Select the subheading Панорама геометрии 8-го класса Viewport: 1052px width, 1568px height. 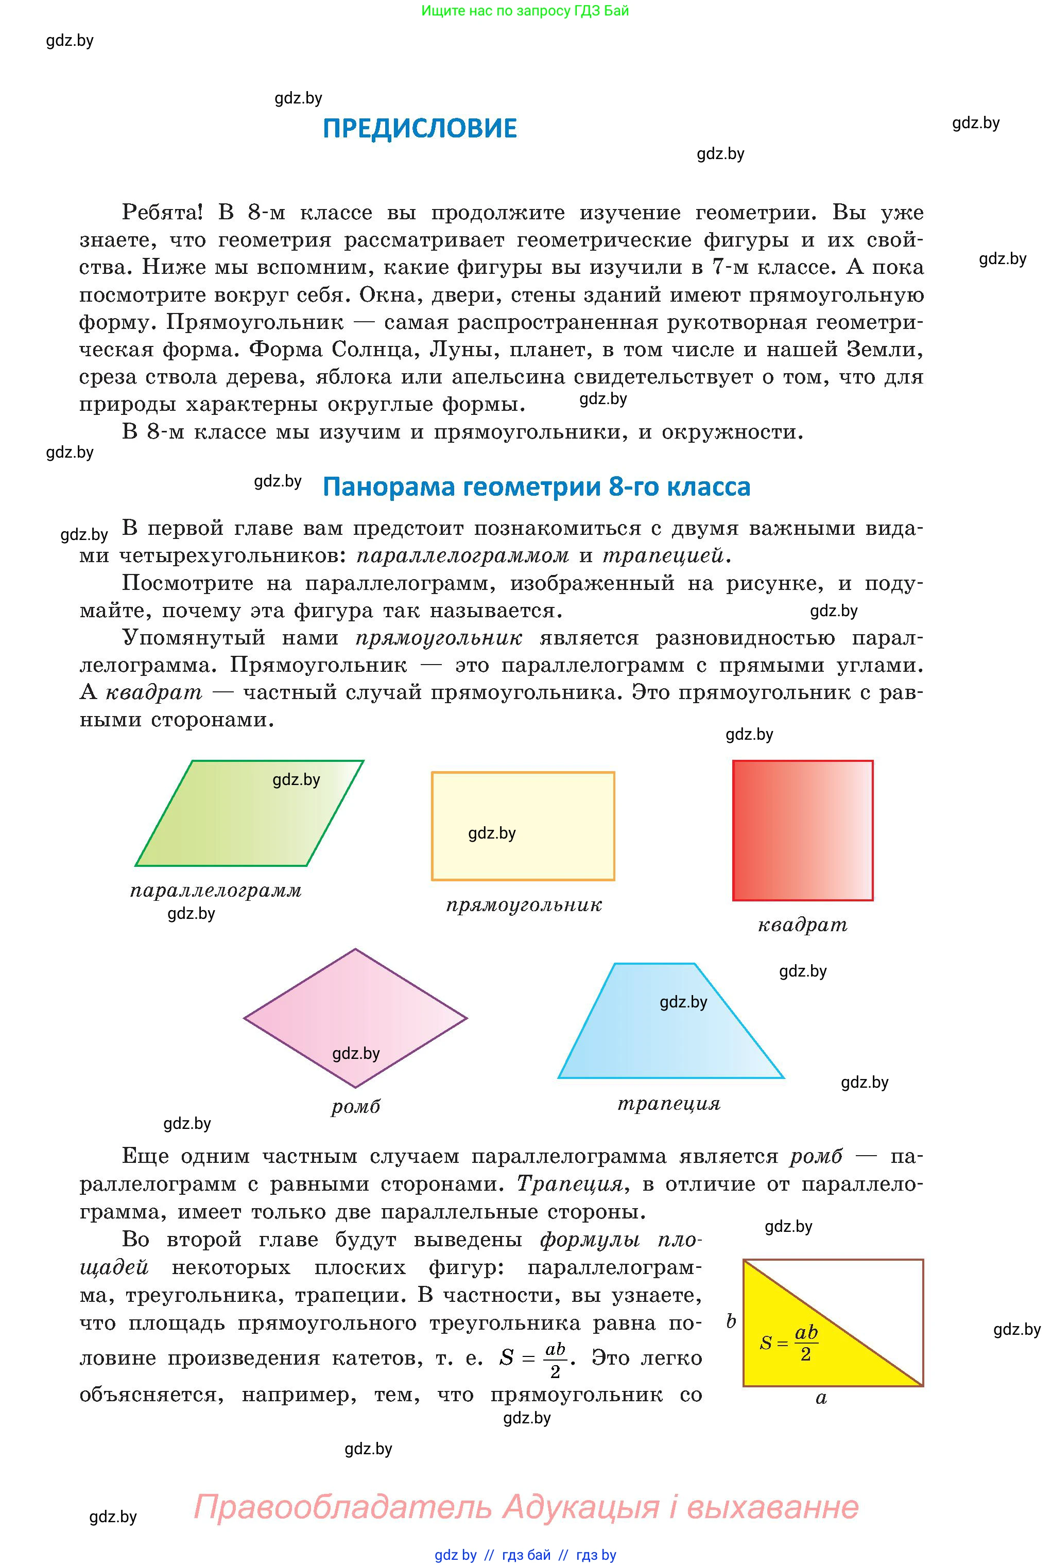coord(536,486)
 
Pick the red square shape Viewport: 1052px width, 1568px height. coord(802,830)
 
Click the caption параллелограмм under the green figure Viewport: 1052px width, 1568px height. coord(216,891)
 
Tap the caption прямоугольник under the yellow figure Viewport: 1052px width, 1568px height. coord(524,905)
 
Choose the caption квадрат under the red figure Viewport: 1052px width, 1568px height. coord(802,926)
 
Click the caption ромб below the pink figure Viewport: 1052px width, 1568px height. coord(356,1107)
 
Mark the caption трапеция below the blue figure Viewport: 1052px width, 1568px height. coord(669,1103)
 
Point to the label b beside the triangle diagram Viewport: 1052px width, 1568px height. coord(731,1321)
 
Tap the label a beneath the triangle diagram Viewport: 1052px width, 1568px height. coord(821,1398)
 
